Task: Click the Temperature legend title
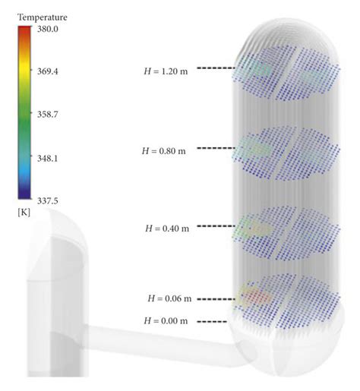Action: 43,17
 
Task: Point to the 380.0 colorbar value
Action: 48,29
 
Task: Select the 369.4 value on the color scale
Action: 48,71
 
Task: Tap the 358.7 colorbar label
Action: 48,115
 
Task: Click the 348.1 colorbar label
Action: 48,159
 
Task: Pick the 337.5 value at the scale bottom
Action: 48,201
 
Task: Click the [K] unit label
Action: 24,213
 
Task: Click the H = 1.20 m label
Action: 166,71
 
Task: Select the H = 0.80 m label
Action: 164,151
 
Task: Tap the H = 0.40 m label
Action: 167,229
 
